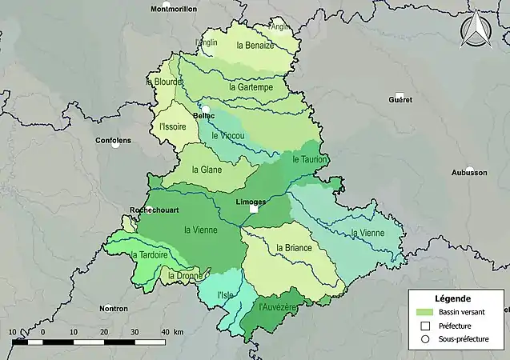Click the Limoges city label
pyautogui.click(x=251, y=202)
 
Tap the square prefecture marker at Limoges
pyautogui.click(x=254, y=210)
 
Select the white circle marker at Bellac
pyautogui.click(x=206, y=109)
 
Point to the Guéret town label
pyautogui.click(x=400, y=100)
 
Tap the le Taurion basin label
pyautogui.click(x=311, y=160)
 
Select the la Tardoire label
pyautogui.click(x=148, y=255)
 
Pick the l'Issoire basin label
pyautogui.click(x=172, y=126)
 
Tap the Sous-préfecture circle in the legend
pyautogui.click(x=425, y=339)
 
